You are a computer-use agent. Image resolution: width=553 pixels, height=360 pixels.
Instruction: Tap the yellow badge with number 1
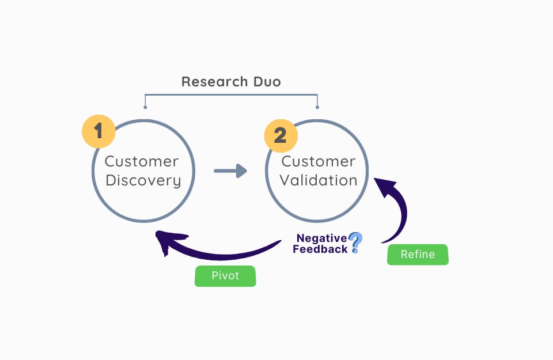point(99,131)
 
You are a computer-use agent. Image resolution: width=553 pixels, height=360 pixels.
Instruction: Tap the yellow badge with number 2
point(281,135)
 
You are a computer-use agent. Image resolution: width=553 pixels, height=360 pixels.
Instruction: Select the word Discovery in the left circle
point(143,181)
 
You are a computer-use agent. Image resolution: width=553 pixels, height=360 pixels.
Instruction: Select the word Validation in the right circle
point(319,180)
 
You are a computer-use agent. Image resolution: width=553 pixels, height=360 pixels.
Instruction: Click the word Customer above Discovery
point(142,161)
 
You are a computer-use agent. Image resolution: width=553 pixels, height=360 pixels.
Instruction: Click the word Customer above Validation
point(319,161)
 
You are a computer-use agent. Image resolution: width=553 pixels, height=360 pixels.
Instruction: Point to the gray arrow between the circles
point(229,170)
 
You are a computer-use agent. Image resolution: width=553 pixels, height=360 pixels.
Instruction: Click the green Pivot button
point(225,276)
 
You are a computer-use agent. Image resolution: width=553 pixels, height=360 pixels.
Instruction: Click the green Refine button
point(418,254)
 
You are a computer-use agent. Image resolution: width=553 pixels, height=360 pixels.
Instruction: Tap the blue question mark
point(355,242)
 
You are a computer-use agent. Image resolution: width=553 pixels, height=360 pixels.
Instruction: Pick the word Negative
point(321,238)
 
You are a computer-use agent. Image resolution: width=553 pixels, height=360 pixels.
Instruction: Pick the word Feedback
point(320,249)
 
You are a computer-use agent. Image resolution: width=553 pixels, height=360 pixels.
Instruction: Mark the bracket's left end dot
point(145,107)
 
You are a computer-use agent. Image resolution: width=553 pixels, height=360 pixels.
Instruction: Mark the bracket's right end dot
point(317,107)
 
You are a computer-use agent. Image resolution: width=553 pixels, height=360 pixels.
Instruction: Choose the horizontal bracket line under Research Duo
point(230,94)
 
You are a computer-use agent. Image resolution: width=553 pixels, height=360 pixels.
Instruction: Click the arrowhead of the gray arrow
point(242,170)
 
